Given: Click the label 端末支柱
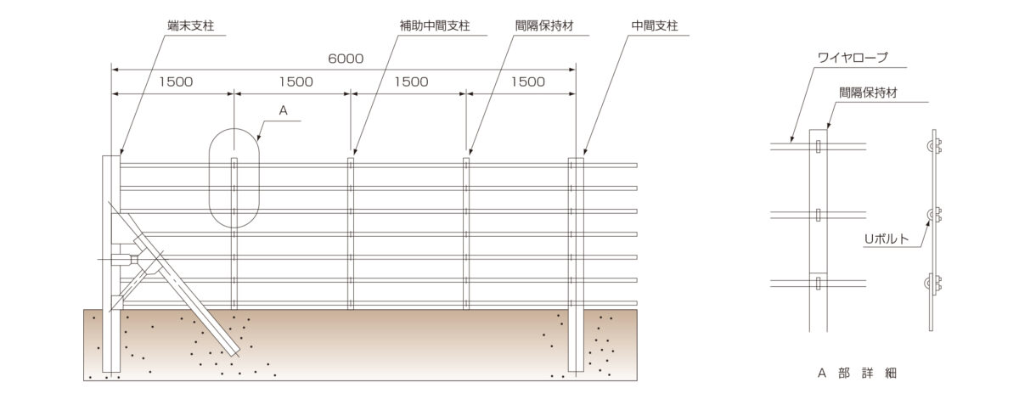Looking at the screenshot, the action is coord(191,25).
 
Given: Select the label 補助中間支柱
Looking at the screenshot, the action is coord(435,25).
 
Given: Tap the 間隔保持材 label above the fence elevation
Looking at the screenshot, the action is coord(544,25).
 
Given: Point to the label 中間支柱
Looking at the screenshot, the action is coord(655,25).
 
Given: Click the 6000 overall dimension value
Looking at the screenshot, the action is coord(346,59).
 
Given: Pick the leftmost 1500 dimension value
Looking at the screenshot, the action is coord(176,81).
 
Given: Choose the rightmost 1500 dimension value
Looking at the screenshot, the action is coord(527,81).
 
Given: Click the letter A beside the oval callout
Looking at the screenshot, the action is coord(283,110).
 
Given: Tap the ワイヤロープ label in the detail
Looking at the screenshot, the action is coord(853,58).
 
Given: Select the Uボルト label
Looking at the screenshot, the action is coord(887,239).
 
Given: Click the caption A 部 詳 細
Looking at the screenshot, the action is coord(857,373).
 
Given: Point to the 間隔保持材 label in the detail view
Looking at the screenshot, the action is coord(868,93).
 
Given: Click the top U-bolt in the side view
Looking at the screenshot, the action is coord(934,146).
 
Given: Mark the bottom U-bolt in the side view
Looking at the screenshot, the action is coord(934,284).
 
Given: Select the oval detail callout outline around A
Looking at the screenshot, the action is coord(209,178).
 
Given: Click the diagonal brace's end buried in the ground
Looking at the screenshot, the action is coord(236,351).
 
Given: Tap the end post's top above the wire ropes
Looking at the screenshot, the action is coord(111,156).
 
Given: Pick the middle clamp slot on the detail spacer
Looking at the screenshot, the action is coord(819,215).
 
